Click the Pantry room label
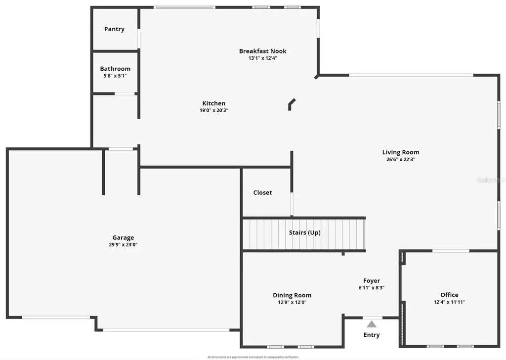point(114,29)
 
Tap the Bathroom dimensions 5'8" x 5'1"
point(115,76)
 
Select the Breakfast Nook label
point(262,51)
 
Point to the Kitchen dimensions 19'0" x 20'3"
point(213,110)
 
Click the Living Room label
point(400,152)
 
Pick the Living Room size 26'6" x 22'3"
point(400,160)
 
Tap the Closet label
point(262,192)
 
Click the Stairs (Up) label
point(304,232)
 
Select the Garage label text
point(123,237)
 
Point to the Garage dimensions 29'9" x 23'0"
point(123,244)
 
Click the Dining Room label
point(292,295)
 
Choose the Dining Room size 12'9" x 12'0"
point(292,302)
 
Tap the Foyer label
point(372,281)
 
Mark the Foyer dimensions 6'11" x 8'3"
point(372,288)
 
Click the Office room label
point(449,295)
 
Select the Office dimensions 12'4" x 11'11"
point(449,302)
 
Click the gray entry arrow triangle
point(372,324)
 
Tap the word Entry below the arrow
point(372,335)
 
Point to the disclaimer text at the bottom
point(253,357)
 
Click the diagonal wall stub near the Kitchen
point(292,103)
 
